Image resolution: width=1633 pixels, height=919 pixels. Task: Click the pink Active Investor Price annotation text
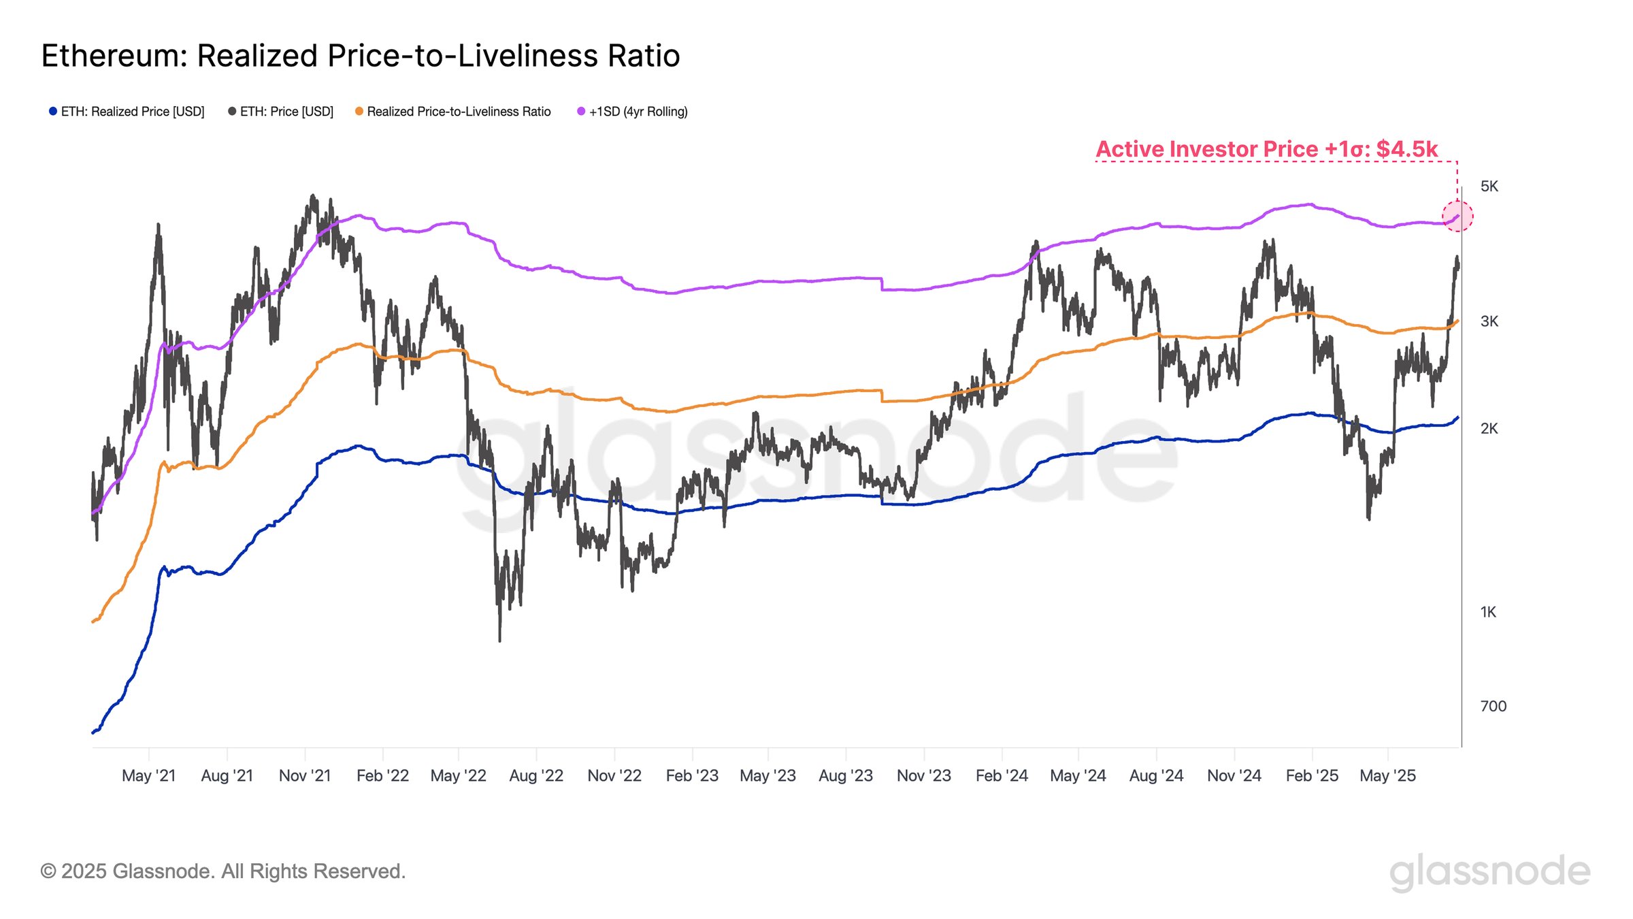(1266, 149)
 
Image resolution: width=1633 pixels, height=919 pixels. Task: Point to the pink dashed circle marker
(1457, 216)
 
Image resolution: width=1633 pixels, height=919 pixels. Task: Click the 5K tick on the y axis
(1489, 187)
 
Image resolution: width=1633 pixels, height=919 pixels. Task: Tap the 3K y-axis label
(1489, 321)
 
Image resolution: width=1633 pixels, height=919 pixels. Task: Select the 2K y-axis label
(1489, 429)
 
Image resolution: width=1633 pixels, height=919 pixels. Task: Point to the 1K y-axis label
(1488, 613)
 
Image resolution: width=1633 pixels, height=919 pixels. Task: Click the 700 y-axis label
(1493, 707)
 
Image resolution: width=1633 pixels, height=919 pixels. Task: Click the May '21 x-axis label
(148, 776)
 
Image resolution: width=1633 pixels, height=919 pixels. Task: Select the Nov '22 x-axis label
(614, 776)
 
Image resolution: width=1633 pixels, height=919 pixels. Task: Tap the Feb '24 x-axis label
(1002, 776)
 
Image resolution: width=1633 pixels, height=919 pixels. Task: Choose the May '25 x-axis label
(1387, 776)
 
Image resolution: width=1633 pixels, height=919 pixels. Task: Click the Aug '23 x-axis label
(846, 776)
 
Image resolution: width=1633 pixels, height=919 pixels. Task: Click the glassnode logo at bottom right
(1489, 872)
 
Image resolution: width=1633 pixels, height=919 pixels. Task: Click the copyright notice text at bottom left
(223, 871)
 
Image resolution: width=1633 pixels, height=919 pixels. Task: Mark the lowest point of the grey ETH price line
(500, 641)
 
